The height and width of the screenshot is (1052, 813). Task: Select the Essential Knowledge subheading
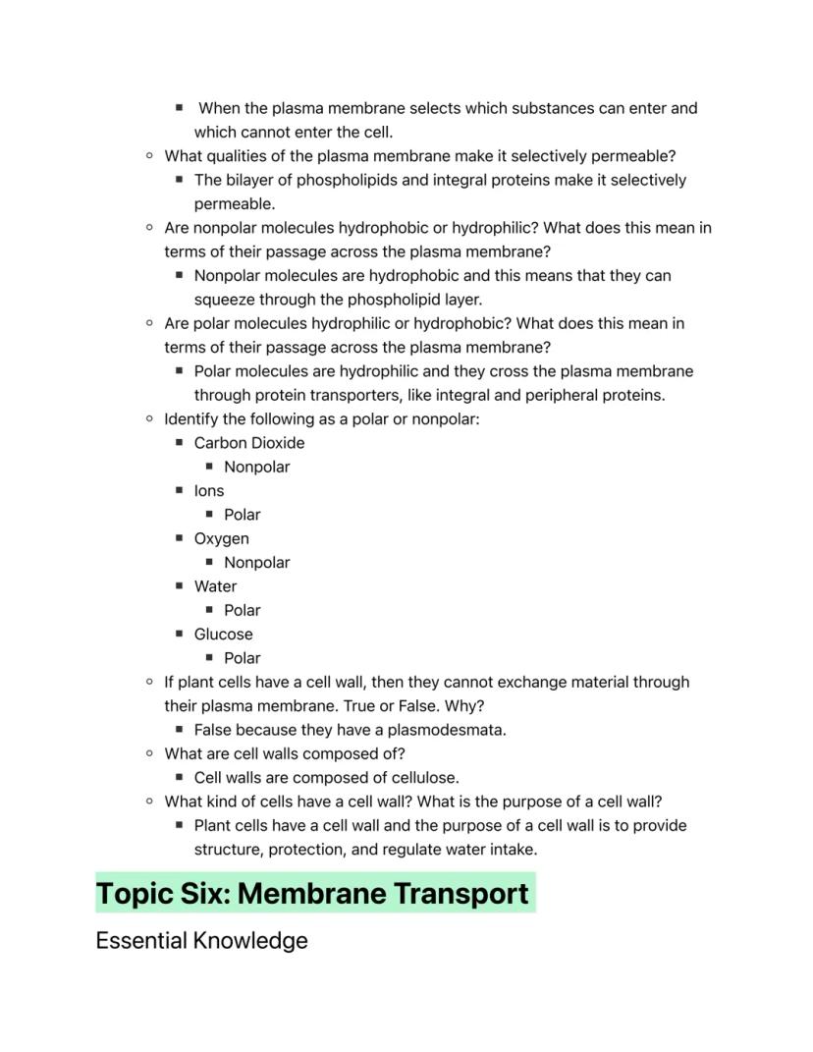click(201, 941)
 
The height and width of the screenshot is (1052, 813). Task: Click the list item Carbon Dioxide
click(249, 443)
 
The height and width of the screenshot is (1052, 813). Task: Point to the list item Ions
click(209, 491)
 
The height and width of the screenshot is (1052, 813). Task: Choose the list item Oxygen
click(222, 538)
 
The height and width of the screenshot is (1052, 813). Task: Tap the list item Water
click(215, 586)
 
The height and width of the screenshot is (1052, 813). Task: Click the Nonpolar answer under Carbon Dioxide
click(256, 467)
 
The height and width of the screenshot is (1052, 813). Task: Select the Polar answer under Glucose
click(242, 658)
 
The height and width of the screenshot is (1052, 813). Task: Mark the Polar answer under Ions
click(242, 515)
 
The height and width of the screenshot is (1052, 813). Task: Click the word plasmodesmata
click(454, 730)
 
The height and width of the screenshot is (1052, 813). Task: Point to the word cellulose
click(423, 778)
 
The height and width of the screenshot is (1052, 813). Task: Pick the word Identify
click(192, 419)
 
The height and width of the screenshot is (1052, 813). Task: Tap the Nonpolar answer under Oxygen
click(256, 563)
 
